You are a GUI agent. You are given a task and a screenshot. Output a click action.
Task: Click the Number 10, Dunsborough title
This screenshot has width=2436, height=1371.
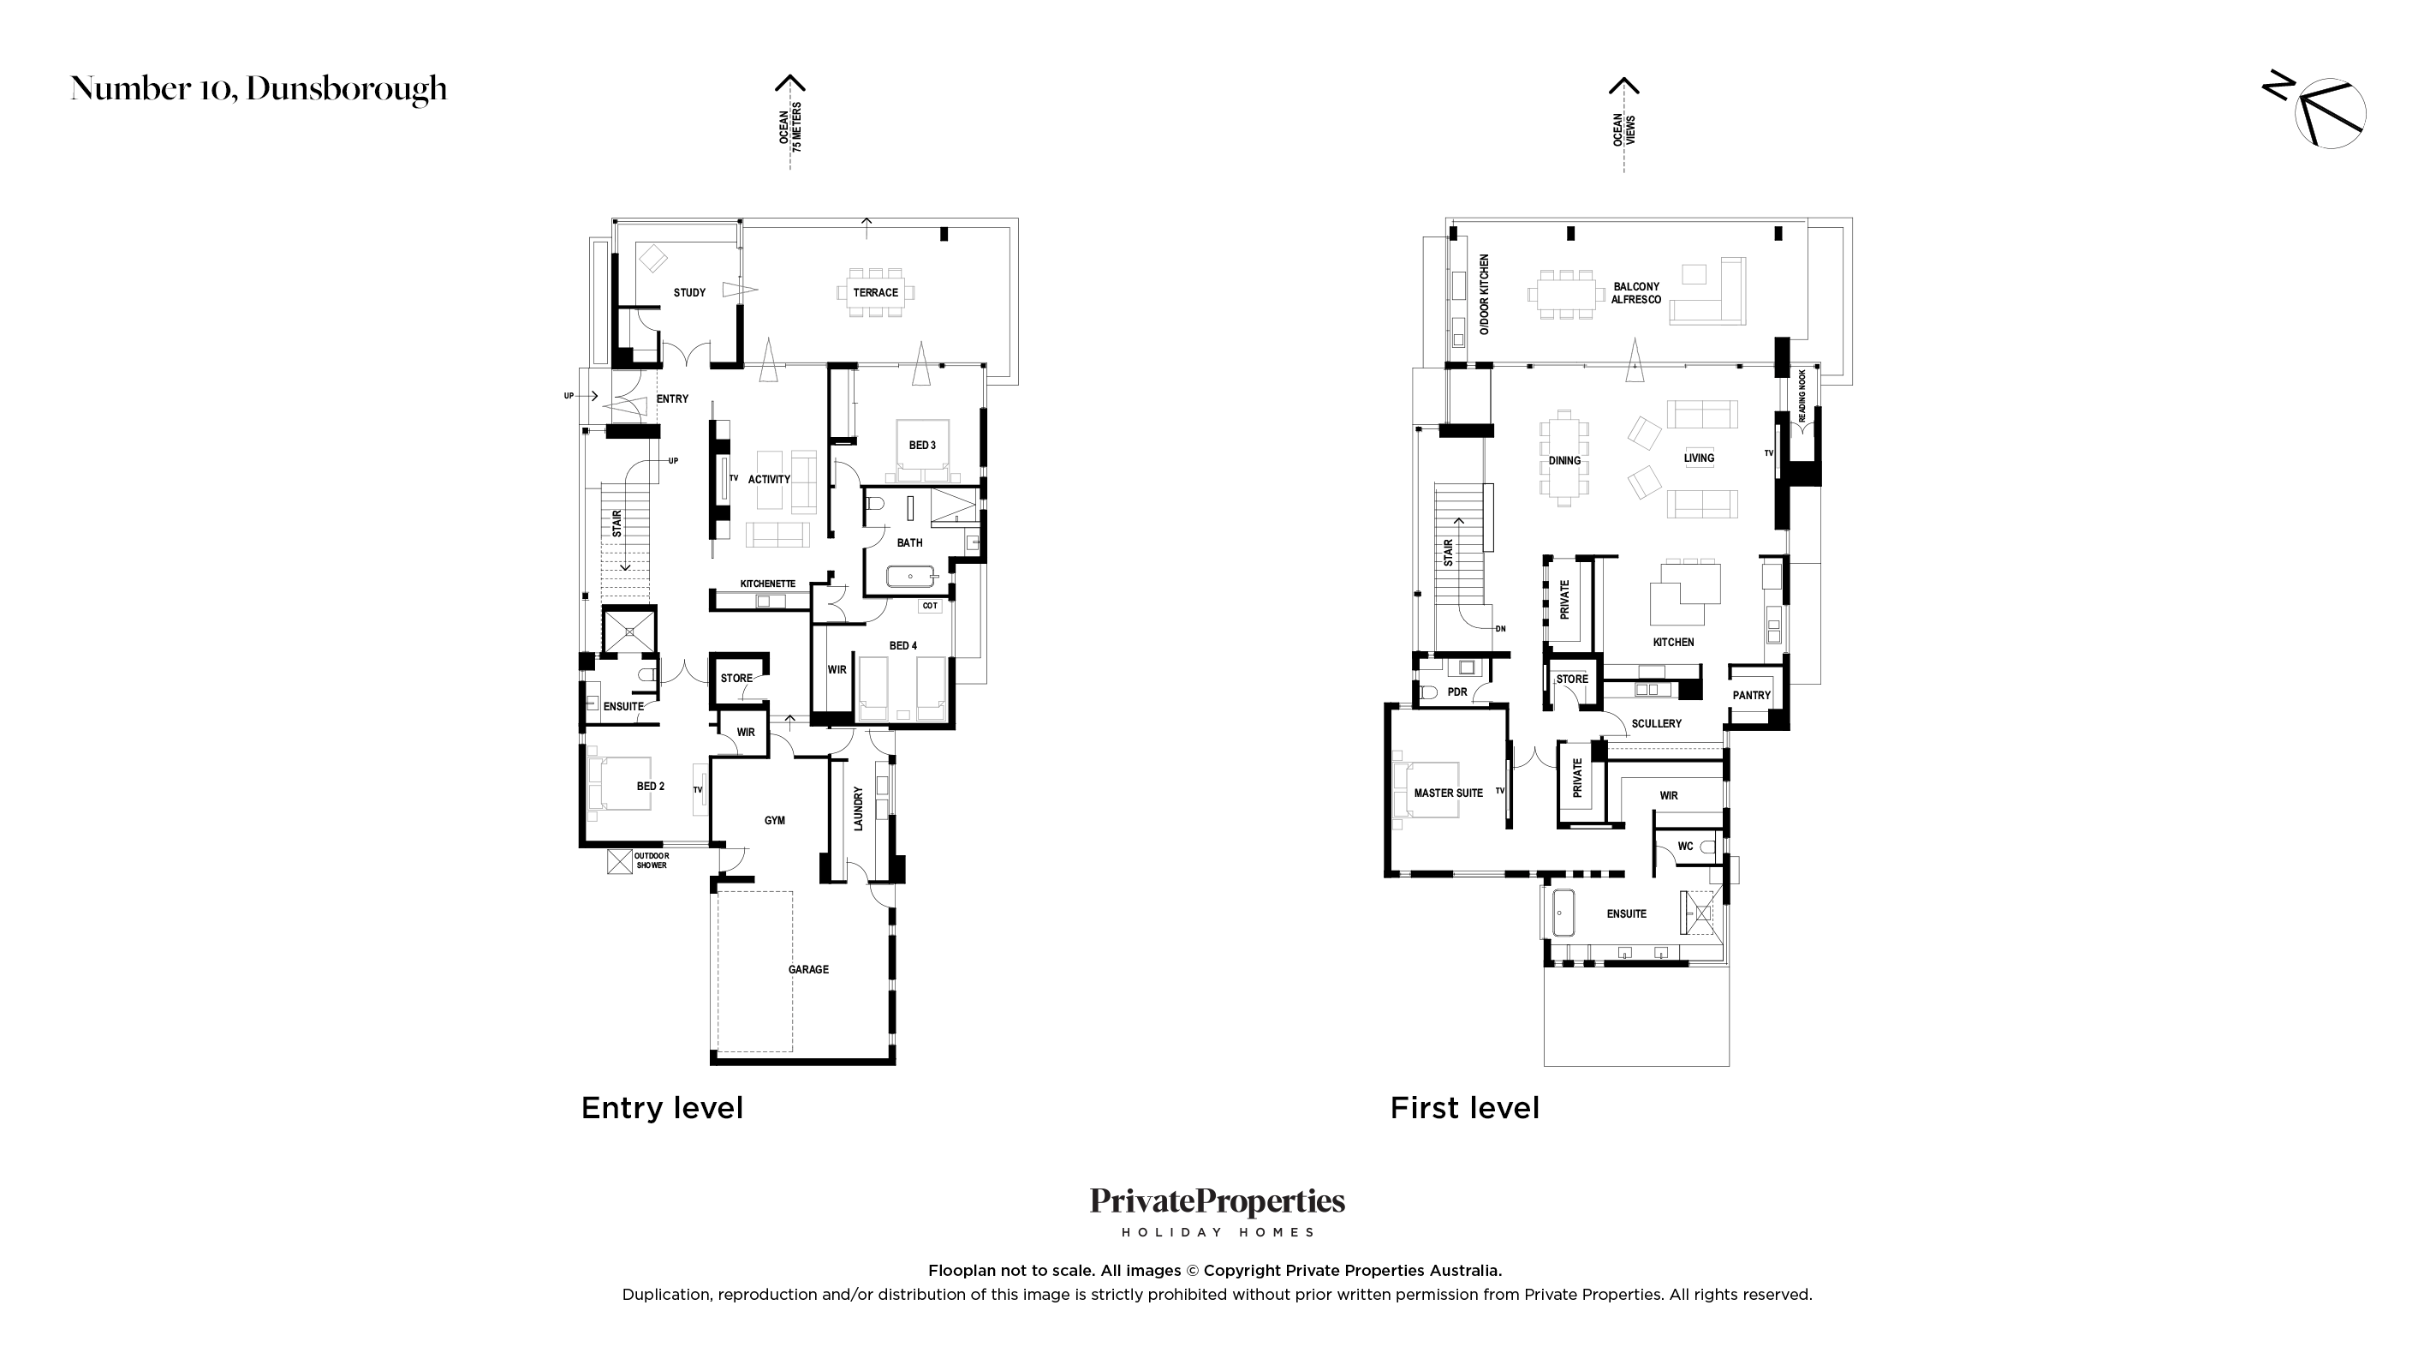pyautogui.click(x=259, y=89)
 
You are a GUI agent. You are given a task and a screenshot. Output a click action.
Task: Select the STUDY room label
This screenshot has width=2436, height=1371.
pyautogui.click(x=689, y=292)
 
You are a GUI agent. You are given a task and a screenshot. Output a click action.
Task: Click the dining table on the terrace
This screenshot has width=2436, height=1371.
pyautogui.click(x=876, y=292)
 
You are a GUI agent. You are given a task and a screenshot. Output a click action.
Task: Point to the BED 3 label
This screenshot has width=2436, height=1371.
pyautogui.click(x=922, y=445)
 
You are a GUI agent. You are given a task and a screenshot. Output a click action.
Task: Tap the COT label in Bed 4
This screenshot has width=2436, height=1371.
pyautogui.click(x=930, y=606)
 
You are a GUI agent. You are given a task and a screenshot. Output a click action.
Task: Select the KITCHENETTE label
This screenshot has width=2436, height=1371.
pyautogui.click(x=768, y=584)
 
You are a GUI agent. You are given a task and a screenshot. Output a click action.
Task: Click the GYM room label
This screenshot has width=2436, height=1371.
pyautogui.click(x=775, y=820)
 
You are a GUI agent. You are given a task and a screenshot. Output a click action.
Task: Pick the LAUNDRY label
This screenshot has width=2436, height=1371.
pyautogui.click(x=859, y=809)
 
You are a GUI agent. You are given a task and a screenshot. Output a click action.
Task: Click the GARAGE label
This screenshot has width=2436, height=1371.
pyautogui.click(x=808, y=969)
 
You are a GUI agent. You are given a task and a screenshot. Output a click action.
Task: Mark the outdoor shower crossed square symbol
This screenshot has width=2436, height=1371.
pyautogui.click(x=619, y=862)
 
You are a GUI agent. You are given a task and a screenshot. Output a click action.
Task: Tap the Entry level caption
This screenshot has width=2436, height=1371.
pyautogui.click(x=662, y=1108)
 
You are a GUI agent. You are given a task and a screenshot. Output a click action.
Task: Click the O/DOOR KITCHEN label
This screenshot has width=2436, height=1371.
pyautogui.click(x=1484, y=294)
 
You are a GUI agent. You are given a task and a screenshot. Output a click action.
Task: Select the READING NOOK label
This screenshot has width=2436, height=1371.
pyautogui.click(x=1802, y=396)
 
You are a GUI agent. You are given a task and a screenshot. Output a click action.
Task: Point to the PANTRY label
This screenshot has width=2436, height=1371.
pyautogui.click(x=1751, y=696)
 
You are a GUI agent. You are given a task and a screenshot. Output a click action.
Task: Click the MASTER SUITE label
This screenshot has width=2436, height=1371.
pyautogui.click(x=1449, y=793)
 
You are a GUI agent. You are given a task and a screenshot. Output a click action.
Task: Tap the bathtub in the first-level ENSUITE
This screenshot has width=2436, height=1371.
pyautogui.click(x=1563, y=913)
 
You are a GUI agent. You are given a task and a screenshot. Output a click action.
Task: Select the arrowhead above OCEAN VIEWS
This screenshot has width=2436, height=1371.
pyautogui.click(x=1623, y=86)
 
